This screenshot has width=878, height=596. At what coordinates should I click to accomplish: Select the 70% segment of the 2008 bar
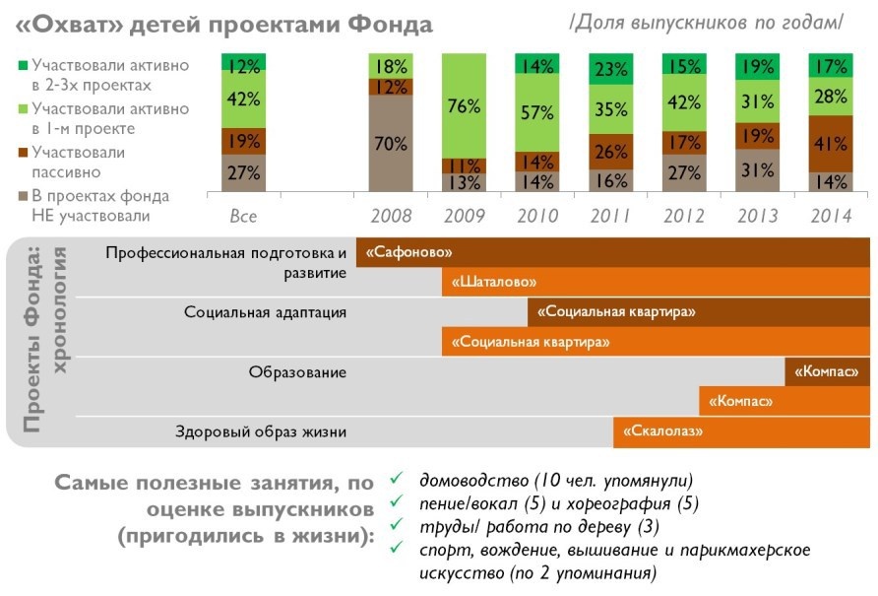(391, 144)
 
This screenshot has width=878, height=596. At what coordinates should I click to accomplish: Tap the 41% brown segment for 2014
(831, 144)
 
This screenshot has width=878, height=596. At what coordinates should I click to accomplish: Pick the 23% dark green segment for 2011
(612, 69)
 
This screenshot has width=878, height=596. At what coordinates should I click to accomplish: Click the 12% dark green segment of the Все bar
(244, 66)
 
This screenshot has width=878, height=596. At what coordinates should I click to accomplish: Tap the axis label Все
(243, 216)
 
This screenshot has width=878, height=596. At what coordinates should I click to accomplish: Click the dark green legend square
(22, 65)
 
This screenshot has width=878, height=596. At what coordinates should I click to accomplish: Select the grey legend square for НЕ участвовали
(22, 195)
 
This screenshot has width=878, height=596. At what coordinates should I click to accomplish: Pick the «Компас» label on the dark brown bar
(827, 371)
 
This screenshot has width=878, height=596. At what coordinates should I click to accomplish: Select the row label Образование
(297, 371)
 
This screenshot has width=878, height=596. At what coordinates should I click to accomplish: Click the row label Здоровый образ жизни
(261, 431)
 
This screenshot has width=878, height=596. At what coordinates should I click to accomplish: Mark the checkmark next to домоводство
(396, 479)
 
